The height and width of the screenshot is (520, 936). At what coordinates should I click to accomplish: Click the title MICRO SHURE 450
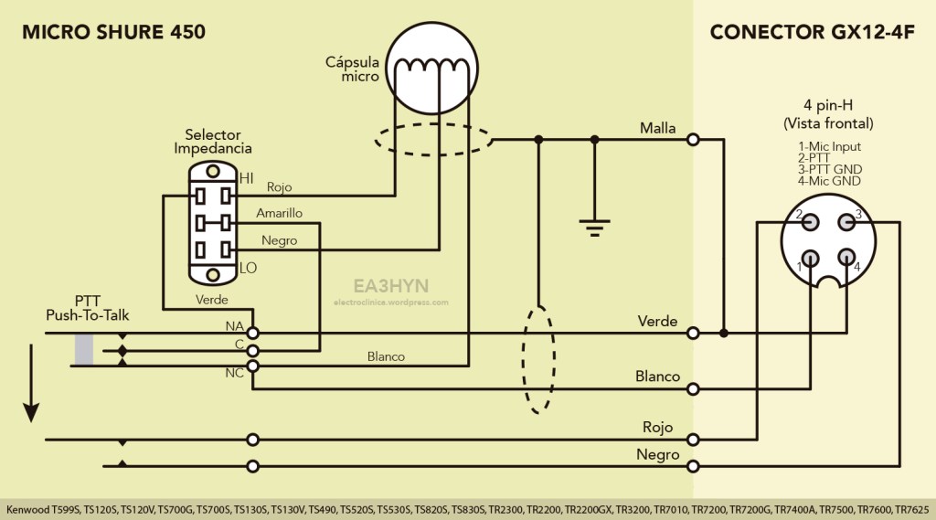pos(113,32)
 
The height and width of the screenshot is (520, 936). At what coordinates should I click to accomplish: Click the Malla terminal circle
pos(694,139)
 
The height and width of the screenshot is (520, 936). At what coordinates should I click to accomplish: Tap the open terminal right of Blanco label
pos(694,388)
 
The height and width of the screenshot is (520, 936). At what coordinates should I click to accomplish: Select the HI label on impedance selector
pos(246,179)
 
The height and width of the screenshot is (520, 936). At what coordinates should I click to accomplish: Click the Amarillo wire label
pos(280,213)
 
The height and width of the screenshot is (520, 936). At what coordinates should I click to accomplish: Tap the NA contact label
pos(234,326)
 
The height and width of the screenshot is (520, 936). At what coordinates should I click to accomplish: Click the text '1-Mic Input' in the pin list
pos(829,146)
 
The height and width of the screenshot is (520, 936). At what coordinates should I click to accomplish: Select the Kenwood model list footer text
pos(467,509)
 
